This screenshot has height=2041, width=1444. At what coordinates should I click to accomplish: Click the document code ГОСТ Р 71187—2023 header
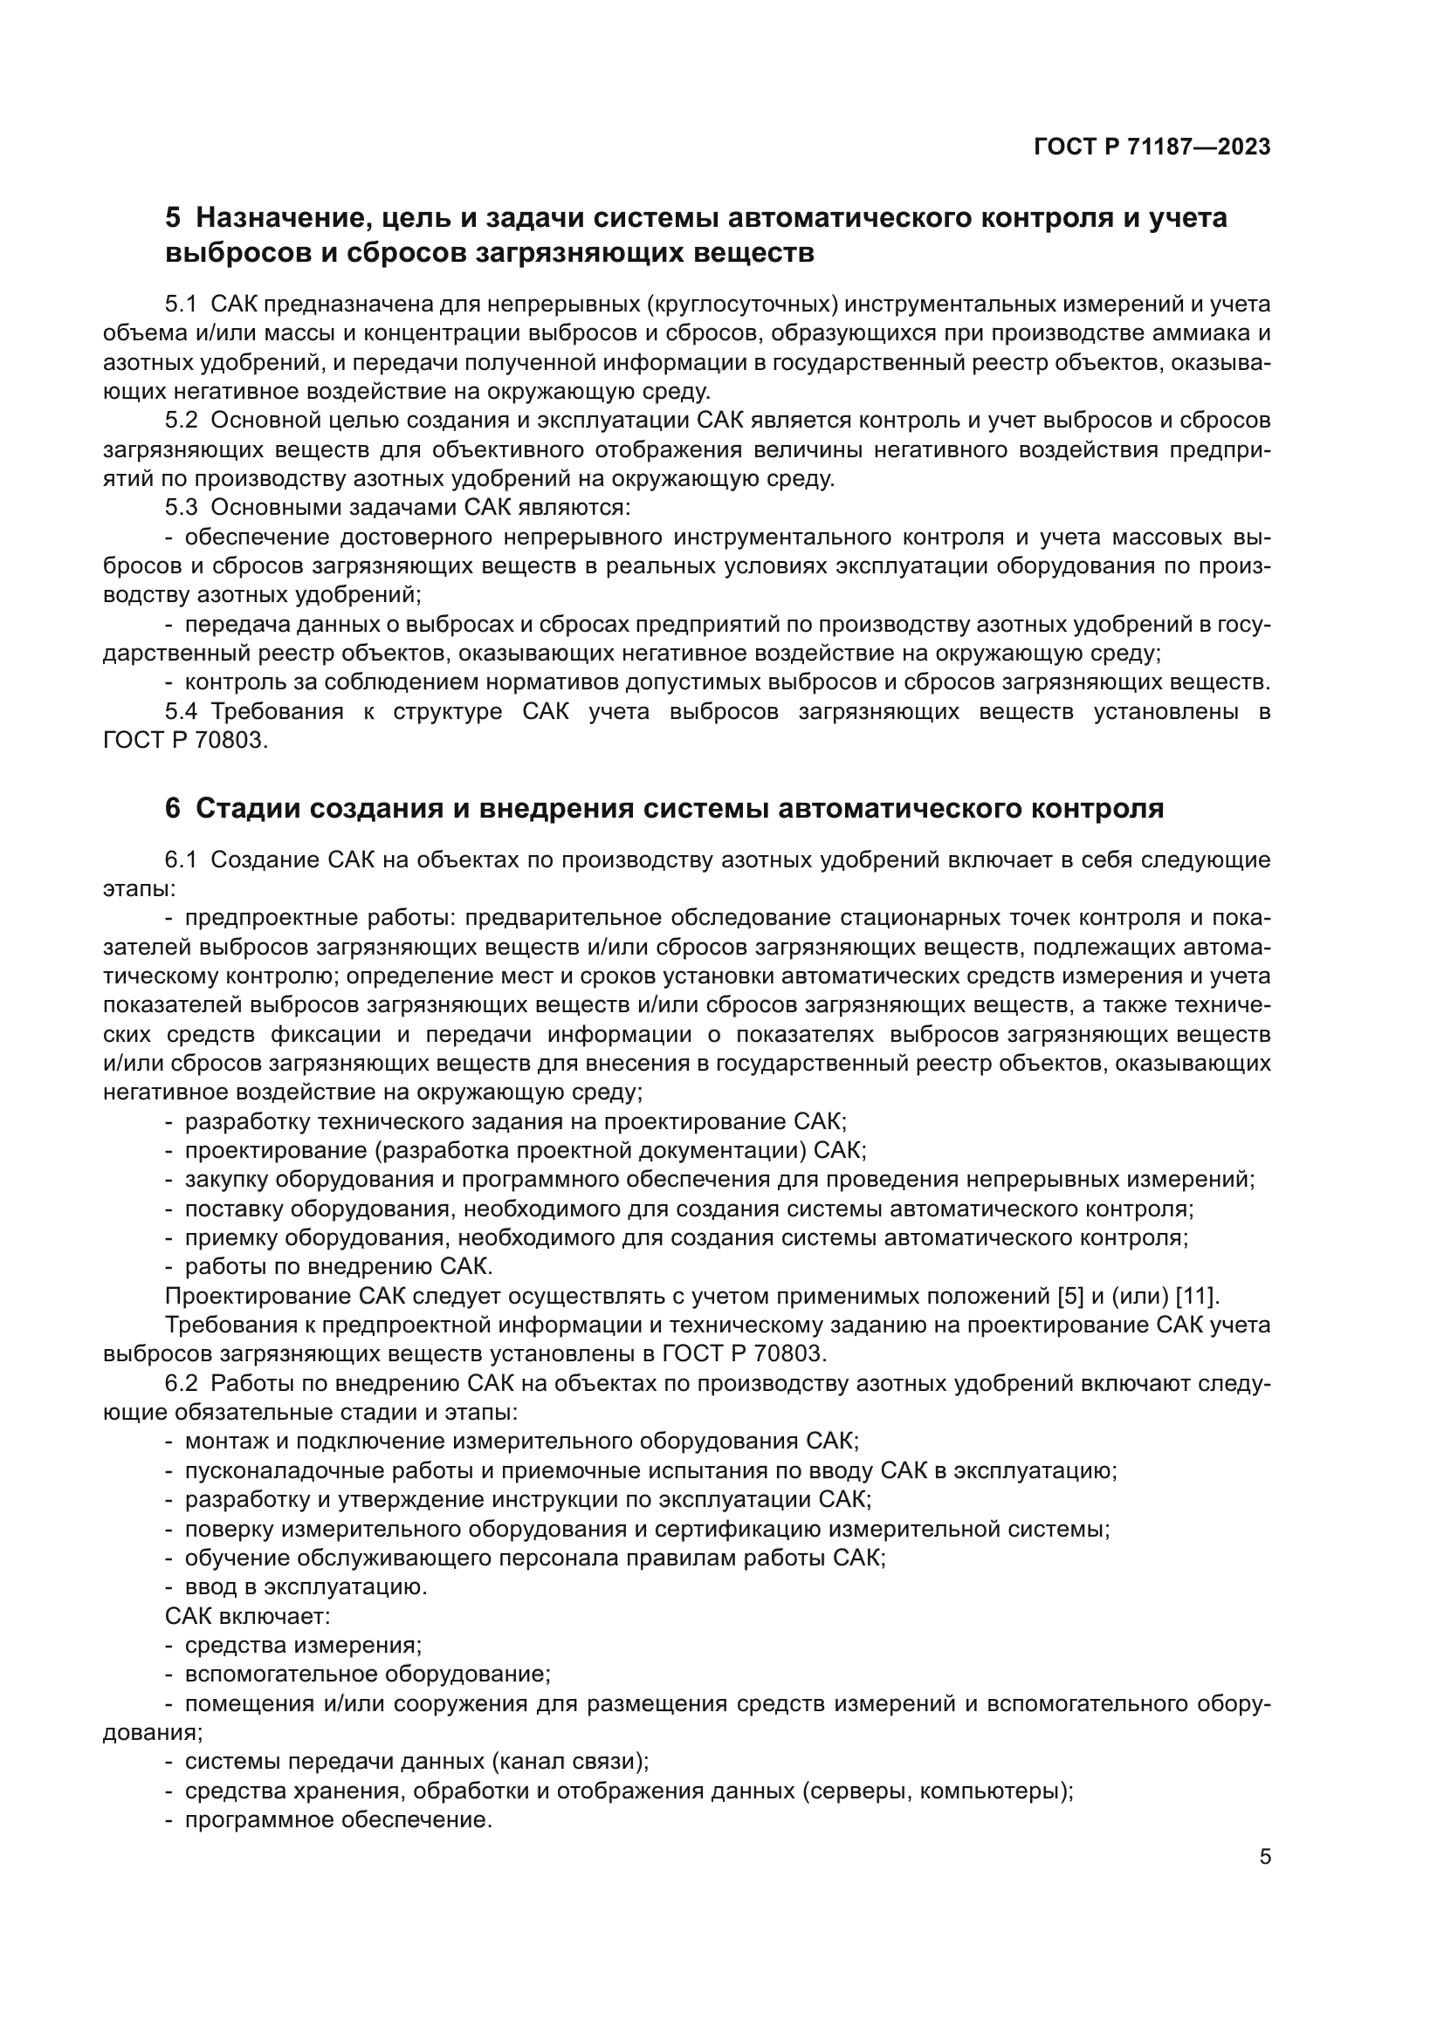(x=1152, y=147)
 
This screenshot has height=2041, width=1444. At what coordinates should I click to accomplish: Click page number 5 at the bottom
(x=1265, y=1857)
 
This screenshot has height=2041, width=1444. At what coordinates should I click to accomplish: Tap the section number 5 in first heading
(x=173, y=218)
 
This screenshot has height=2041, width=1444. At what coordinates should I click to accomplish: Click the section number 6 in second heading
(x=173, y=809)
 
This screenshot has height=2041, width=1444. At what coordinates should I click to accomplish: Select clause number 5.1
(x=181, y=305)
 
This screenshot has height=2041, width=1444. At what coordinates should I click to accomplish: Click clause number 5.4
(x=181, y=712)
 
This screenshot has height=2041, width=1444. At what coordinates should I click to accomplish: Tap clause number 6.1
(x=181, y=860)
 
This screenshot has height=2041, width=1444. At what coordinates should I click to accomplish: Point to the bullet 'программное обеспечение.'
(x=338, y=1820)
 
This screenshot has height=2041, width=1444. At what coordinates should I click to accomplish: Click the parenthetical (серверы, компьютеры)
(x=937, y=1791)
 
